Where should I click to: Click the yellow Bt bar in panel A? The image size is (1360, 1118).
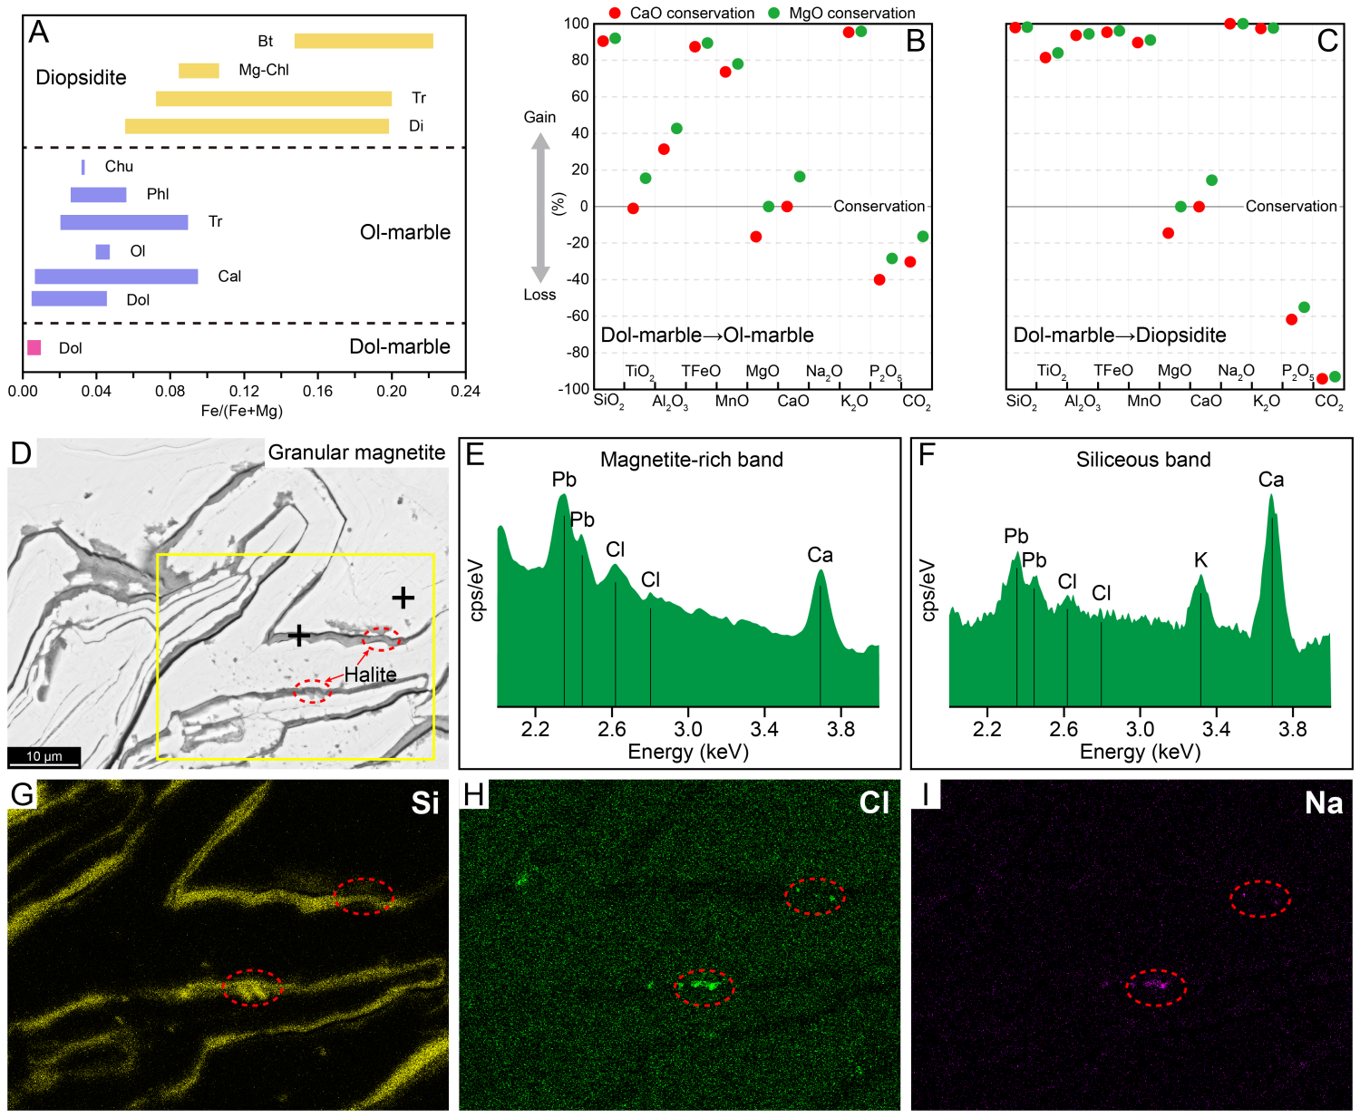(364, 41)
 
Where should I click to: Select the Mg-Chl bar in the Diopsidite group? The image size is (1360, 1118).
(199, 71)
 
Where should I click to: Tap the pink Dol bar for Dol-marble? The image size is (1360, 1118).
(34, 347)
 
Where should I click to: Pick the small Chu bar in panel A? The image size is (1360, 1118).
(83, 167)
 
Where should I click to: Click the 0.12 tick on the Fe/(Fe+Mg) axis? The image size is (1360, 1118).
(244, 392)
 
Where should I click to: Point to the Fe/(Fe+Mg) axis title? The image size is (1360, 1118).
(242, 411)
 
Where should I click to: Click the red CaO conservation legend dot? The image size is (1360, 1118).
(615, 13)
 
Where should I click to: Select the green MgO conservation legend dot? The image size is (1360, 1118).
(773, 13)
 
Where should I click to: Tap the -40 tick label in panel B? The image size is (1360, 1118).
(577, 279)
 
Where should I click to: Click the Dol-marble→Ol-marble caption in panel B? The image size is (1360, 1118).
(707, 335)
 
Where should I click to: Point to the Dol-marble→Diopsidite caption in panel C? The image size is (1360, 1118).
(1120, 335)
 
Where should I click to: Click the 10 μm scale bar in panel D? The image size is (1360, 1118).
(44, 756)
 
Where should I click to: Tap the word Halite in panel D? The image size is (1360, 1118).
(370, 675)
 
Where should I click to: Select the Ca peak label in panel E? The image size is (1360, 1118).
(820, 555)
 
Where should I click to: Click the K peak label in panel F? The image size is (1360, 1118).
(1200, 560)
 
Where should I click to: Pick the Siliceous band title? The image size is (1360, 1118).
(1143, 460)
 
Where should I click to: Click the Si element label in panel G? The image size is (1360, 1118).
(424, 802)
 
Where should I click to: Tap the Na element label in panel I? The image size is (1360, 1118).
(1323, 802)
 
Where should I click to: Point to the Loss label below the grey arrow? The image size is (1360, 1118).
(539, 295)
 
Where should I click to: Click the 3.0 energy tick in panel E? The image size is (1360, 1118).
(688, 729)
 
